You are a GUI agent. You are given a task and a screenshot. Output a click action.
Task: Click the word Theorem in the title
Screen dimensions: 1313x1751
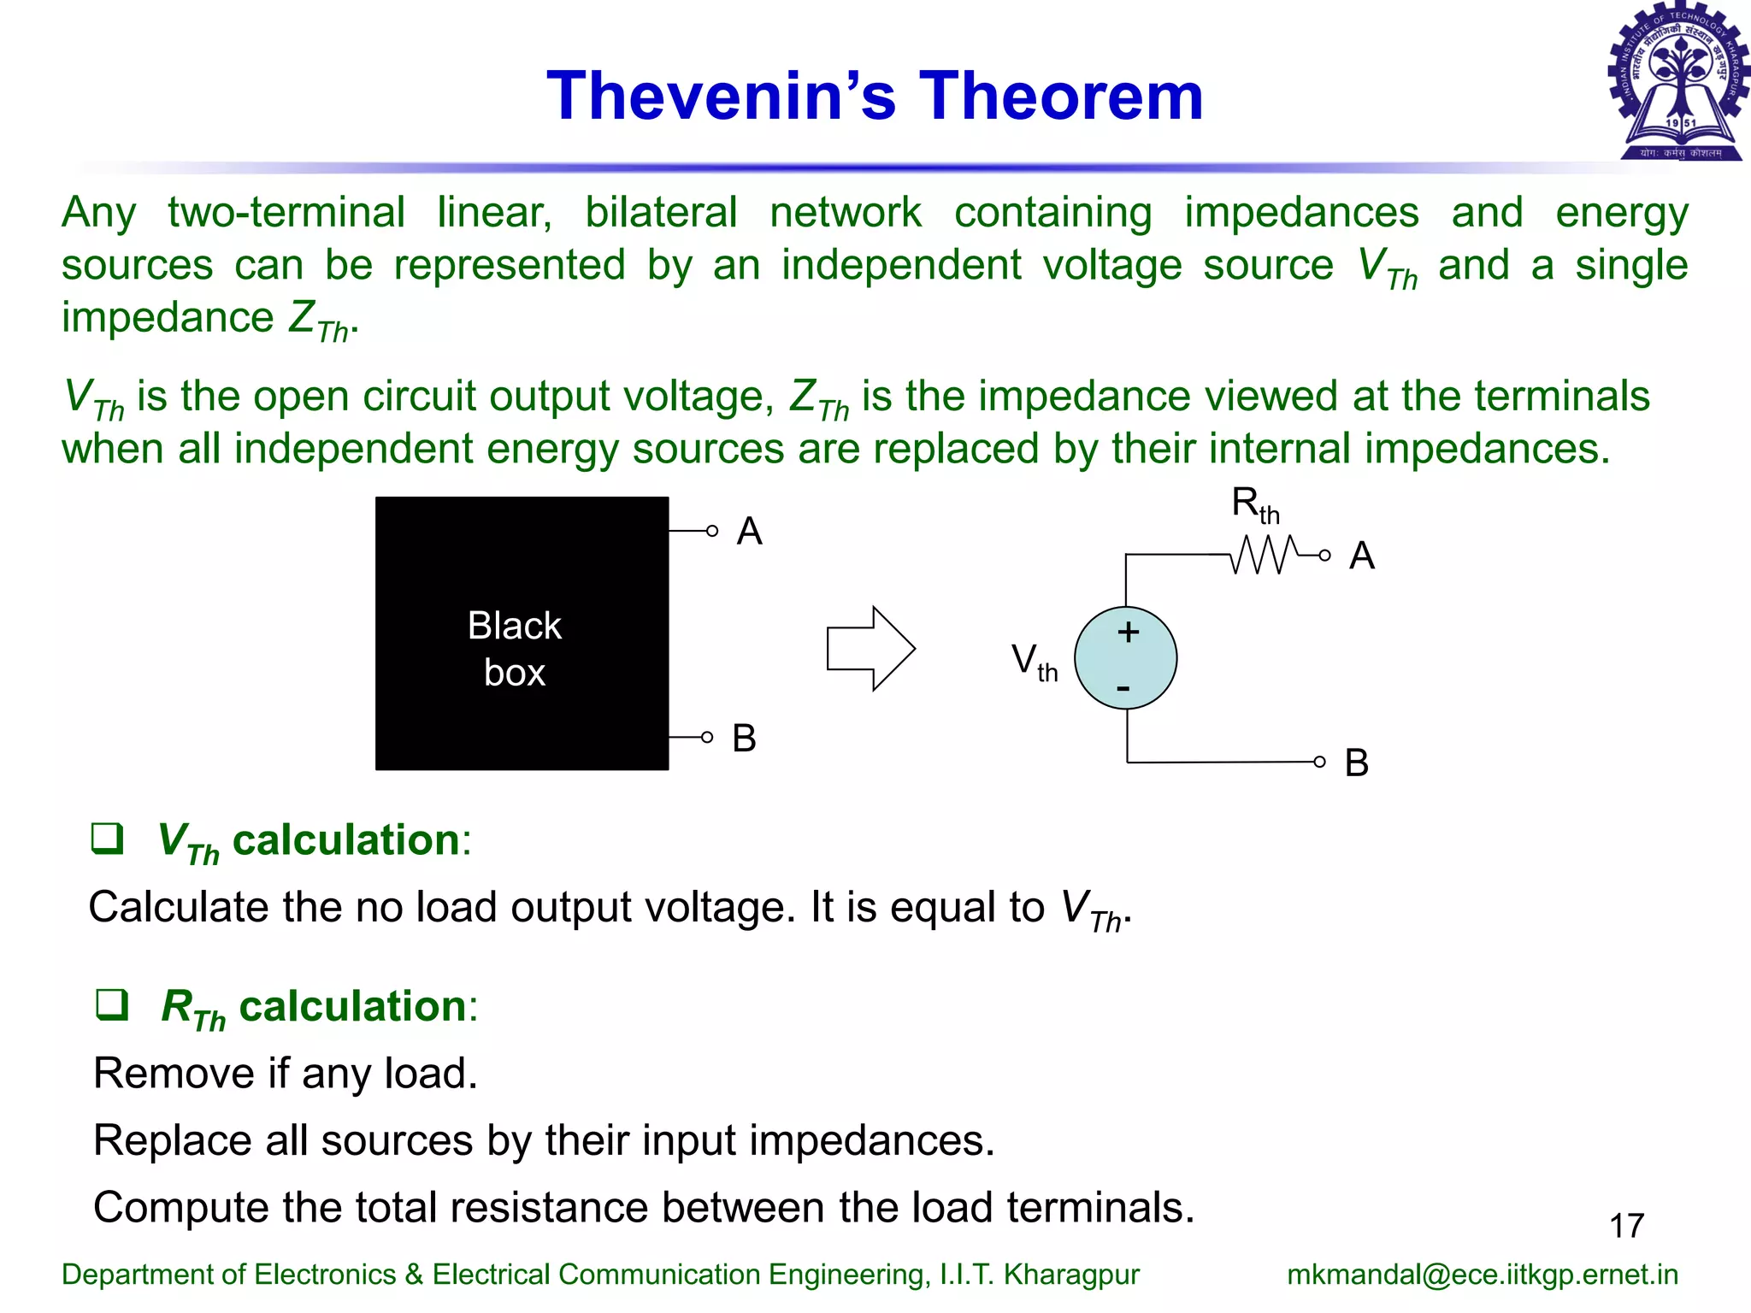(1060, 96)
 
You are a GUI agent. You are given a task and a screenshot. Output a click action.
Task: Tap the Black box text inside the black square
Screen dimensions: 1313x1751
(515, 649)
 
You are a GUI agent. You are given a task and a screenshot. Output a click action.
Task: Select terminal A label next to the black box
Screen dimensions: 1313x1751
(749, 532)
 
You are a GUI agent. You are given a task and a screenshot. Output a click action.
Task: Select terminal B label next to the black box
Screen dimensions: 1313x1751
(744, 739)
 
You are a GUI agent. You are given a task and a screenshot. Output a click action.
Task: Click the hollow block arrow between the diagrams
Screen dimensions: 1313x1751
(870, 649)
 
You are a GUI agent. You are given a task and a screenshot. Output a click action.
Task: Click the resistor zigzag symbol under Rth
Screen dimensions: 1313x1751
(1264, 555)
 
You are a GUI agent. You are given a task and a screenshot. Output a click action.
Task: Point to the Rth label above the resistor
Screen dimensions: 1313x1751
(1254, 504)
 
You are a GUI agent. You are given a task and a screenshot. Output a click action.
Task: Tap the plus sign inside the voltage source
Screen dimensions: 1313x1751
(1128, 632)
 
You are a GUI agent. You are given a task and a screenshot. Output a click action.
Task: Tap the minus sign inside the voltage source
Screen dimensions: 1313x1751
(1123, 688)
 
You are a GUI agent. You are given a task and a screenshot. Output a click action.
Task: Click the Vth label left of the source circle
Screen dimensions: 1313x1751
(1034, 662)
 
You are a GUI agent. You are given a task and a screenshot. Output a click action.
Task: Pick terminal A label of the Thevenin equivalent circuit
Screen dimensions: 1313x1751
(1361, 556)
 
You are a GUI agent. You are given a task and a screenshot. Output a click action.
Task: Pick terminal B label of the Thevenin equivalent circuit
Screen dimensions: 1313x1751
(1356, 763)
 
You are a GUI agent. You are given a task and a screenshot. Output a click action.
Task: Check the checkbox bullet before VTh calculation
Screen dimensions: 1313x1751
(108, 839)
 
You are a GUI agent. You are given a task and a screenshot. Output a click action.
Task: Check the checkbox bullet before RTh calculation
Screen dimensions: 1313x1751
(112, 1005)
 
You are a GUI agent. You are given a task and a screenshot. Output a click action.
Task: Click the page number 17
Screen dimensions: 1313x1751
(1626, 1226)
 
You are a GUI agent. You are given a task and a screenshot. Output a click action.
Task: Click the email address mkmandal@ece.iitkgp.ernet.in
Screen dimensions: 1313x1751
(1482, 1275)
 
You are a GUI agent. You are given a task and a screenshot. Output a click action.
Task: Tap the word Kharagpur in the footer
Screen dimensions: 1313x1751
(1070, 1275)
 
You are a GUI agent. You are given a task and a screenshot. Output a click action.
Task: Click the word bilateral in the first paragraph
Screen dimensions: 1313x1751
(660, 212)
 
